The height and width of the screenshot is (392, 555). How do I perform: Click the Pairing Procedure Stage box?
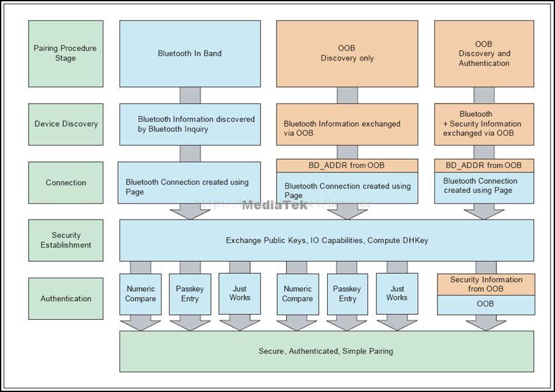(x=66, y=54)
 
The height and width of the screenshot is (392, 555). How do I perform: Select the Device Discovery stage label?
(x=66, y=124)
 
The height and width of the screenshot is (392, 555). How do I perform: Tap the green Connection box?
(x=66, y=183)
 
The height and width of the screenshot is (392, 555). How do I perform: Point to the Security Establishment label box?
(x=66, y=240)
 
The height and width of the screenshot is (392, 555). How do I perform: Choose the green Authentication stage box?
(x=66, y=298)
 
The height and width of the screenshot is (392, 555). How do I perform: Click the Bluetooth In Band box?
(x=190, y=54)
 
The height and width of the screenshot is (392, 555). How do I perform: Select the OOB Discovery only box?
(x=347, y=54)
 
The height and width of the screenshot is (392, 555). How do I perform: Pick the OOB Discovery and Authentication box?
(x=484, y=54)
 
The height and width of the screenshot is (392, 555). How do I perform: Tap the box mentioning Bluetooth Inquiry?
(x=190, y=124)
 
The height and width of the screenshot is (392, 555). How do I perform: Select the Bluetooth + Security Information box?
(x=484, y=124)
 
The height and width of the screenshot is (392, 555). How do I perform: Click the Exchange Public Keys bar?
(x=326, y=241)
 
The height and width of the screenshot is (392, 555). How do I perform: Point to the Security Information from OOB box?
(x=486, y=284)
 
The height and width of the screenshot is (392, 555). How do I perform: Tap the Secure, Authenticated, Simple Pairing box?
(x=326, y=351)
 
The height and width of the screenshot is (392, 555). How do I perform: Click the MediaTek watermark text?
(x=275, y=205)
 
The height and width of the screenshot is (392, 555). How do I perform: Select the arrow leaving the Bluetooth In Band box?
(x=190, y=95)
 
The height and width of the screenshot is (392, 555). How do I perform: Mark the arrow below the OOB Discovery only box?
(x=347, y=95)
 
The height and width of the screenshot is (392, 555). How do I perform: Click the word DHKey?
(x=415, y=241)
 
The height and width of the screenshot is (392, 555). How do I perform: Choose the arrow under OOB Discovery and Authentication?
(x=484, y=95)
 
